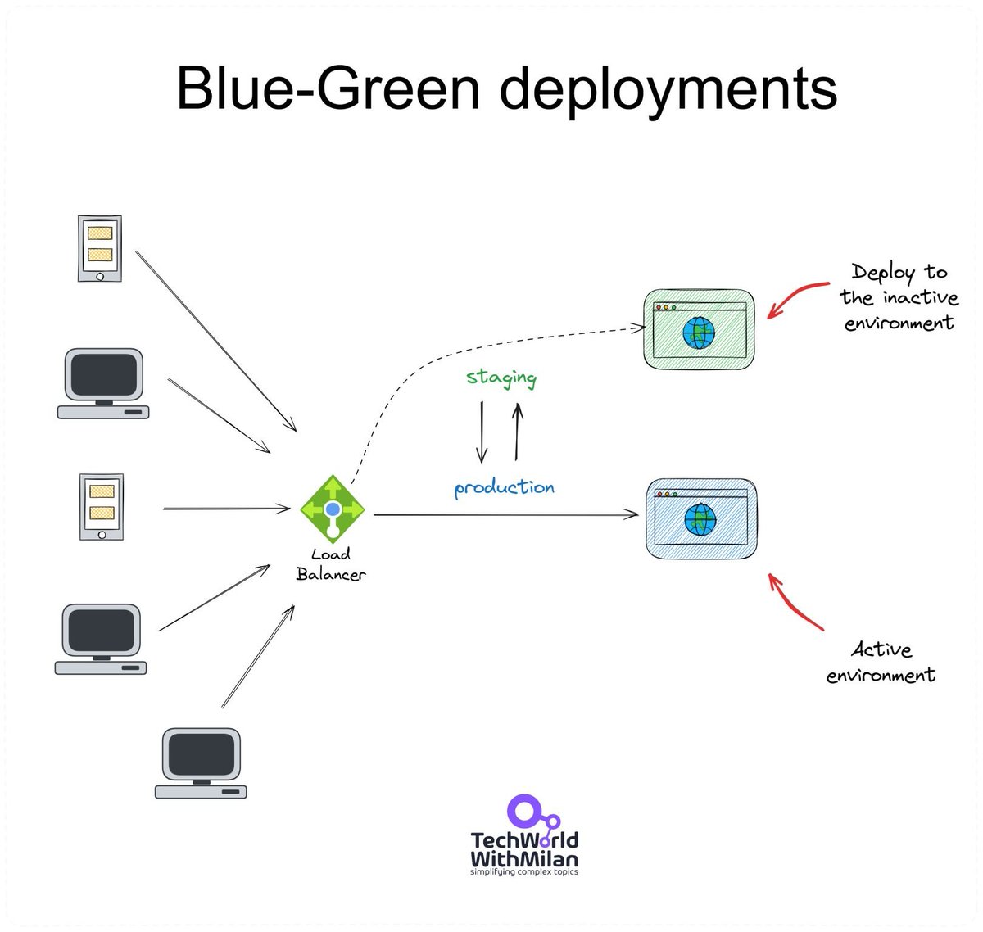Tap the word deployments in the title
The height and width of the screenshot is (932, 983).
[668, 92]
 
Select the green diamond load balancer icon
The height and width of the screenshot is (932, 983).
[333, 509]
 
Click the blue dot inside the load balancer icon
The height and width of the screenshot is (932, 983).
[333, 509]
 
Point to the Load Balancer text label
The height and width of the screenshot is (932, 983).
[330, 564]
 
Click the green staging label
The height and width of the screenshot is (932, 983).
[501, 378]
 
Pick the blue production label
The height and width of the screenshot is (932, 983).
[505, 487]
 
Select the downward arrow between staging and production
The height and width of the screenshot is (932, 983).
[482, 432]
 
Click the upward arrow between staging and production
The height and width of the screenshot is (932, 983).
[517, 432]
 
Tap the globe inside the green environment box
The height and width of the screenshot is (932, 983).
[699, 333]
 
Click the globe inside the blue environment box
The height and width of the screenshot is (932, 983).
[700, 519]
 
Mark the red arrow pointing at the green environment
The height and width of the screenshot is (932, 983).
[794, 295]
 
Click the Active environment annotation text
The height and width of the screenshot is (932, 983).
[881, 662]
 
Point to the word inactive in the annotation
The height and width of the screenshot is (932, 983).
[921, 297]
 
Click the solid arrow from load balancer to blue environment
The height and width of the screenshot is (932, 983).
[506, 514]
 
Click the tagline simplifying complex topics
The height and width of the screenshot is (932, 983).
[524, 871]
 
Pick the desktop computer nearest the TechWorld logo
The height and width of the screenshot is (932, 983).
[201, 763]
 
